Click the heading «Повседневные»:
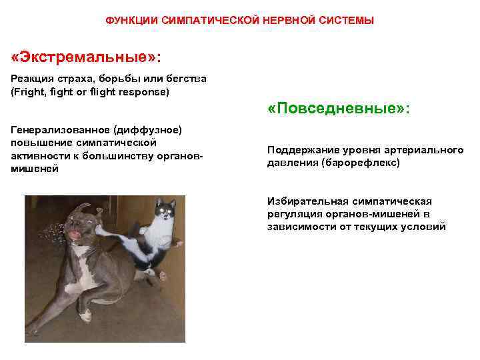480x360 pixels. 339,109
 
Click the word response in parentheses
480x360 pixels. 147,91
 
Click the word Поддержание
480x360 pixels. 298,150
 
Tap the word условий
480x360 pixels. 423,227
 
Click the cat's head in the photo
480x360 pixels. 163,213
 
